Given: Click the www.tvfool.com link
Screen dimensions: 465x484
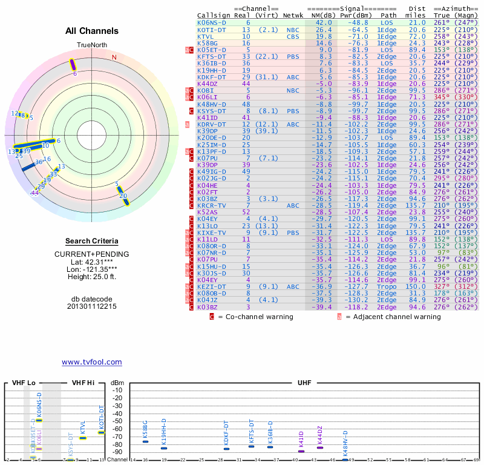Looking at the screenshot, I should [92, 362].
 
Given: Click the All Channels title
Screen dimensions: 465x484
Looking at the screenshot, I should [92, 31].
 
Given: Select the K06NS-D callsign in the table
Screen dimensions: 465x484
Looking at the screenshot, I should [211, 22].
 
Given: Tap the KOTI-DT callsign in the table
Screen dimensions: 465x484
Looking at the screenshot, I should [212, 30].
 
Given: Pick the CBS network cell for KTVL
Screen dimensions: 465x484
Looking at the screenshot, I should [293, 37].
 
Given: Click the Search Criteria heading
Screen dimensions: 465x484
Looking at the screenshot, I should [92, 241].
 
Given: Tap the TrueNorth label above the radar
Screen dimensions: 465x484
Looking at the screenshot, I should [91, 45].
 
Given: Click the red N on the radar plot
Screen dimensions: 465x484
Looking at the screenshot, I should [114, 58].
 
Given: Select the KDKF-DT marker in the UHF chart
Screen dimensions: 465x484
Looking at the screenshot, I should [226, 448].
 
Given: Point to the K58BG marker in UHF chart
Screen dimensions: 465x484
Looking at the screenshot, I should [145, 441].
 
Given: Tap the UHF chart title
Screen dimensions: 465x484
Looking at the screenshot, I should [304, 383].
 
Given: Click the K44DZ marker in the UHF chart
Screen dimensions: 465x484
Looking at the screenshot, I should [320, 447].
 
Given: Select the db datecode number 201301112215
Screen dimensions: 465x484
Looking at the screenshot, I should [92, 306].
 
